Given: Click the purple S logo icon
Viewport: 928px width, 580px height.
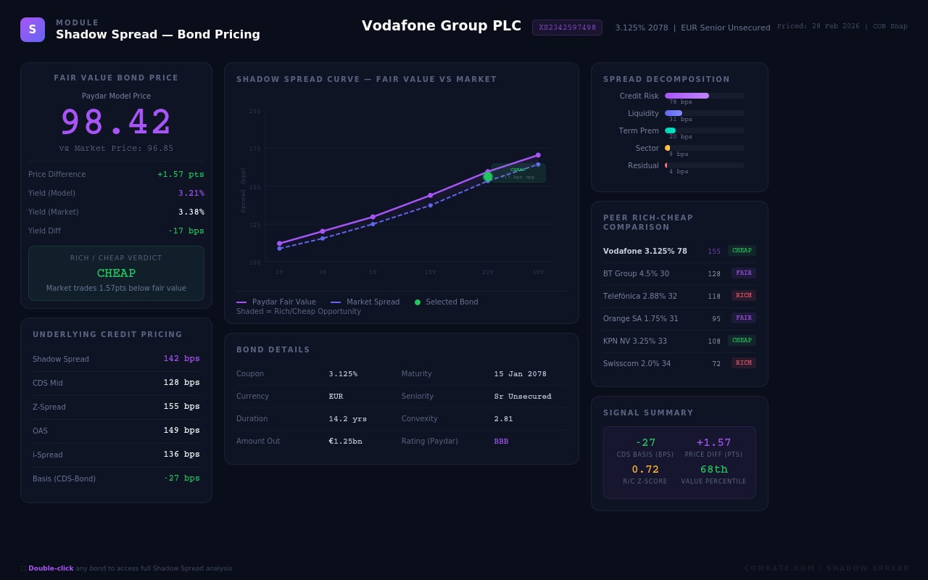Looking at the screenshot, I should tap(33, 30).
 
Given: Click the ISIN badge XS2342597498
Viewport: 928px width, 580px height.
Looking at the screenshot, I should tap(567, 28).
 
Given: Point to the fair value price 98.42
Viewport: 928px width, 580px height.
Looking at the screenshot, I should tap(116, 122).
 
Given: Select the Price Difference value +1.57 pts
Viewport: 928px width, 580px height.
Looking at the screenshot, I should tap(181, 174).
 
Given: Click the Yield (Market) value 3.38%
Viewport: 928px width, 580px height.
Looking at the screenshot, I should tap(191, 212).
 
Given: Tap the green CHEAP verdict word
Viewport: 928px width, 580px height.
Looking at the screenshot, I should tap(116, 273).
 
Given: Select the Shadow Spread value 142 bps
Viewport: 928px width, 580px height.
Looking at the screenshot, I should tap(181, 359).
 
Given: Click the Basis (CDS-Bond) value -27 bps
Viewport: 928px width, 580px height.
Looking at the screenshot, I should tap(181, 478).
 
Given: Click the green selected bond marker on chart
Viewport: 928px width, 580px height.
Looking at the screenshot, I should tap(488, 177).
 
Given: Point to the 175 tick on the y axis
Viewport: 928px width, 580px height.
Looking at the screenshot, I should tap(254, 149).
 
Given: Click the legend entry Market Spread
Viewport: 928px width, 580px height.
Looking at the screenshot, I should tap(373, 302).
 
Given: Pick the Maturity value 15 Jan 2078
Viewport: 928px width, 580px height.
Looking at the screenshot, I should tap(521, 374).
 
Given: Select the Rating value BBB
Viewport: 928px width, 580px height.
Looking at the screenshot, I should tap(501, 442).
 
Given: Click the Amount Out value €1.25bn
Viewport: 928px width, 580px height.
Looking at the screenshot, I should tap(345, 442).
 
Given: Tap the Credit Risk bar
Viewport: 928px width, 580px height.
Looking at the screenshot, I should tap(687, 96).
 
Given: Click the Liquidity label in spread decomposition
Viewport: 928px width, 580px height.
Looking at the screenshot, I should tap(643, 113).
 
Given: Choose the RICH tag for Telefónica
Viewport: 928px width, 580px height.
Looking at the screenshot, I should tap(743, 296).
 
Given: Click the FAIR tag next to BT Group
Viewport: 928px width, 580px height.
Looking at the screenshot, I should tap(743, 273).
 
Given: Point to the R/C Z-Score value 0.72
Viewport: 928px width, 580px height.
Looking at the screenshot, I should tap(645, 470).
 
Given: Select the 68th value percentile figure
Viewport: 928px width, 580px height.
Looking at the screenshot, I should tap(713, 470).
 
